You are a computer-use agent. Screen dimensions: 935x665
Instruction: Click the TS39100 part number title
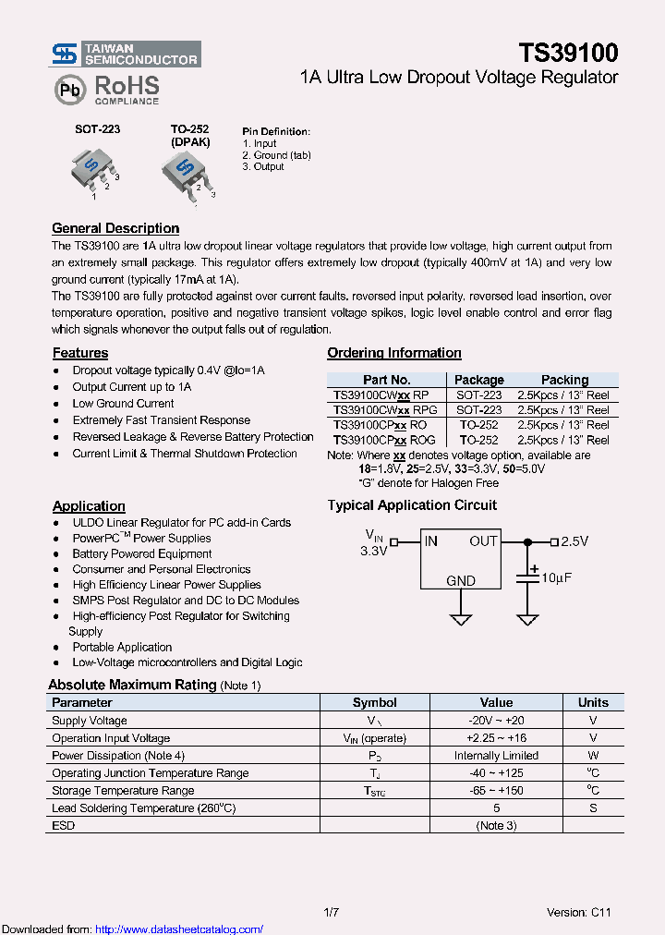pyautogui.click(x=567, y=53)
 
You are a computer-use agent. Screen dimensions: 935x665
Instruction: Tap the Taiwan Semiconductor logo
pyautogui.click(x=126, y=54)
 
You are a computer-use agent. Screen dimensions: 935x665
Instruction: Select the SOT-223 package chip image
pyautogui.click(x=92, y=168)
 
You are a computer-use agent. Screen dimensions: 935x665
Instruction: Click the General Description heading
pyautogui.click(x=115, y=228)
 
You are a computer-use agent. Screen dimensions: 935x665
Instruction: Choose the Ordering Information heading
pyautogui.click(x=394, y=353)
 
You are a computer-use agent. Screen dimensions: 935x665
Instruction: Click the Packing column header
pyautogui.click(x=564, y=380)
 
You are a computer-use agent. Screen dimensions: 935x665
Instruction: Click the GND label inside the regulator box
pyautogui.click(x=461, y=581)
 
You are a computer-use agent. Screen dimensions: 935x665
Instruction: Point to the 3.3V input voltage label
pyautogui.click(x=373, y=551)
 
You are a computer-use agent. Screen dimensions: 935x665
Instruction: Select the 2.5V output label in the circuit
pyautogui.click(x=574, y=541)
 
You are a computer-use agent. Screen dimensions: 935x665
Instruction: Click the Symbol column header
pyautogui.click(x=375, y=702)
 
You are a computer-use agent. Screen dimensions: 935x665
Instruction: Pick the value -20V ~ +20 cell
pyautogui.click(x=496, y=721)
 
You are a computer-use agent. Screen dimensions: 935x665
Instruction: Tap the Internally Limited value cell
pyautogui.click(x=496, y=756)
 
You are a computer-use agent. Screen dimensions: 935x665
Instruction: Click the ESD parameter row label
pyautogui.click(x=64, y=825)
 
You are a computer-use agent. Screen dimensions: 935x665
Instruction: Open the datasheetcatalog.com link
pyautogui.click(x=179, y=929)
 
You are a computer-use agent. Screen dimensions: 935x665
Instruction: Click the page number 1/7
pyautogui.click(x=332, y=913)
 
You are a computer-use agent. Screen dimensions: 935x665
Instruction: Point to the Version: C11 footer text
pyautogui.click(x=578, y=913)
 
